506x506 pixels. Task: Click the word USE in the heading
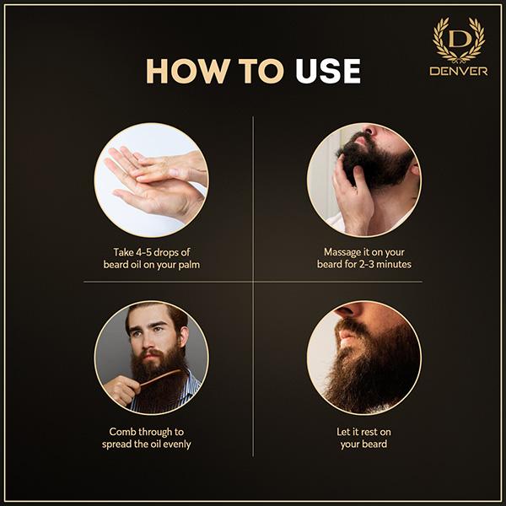coord(327,71)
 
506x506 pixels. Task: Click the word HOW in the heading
coord(188,71)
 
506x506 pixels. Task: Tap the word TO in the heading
coord(261,71)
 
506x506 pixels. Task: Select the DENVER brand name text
coord(459,71)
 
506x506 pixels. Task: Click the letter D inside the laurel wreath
coord(459,40)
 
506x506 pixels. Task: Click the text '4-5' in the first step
coord(141,252)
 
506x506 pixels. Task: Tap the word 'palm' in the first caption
coord(189,266)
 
